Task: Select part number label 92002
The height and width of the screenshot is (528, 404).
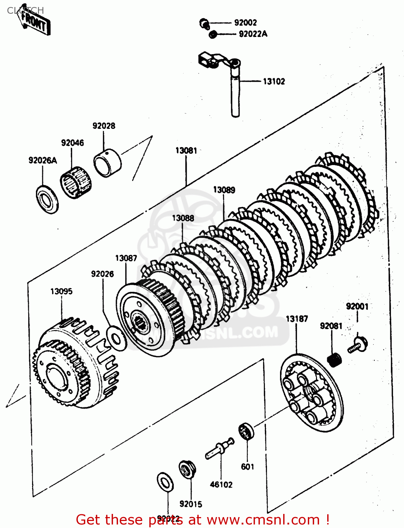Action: click(x=245, y=23)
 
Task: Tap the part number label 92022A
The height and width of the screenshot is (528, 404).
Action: click(x=253, y=34)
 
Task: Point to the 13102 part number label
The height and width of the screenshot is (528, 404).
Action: click(x=274, y=81)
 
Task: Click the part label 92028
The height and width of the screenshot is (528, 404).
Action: click(x=104, y=126)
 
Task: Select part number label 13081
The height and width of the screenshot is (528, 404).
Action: click(x=186, y=150)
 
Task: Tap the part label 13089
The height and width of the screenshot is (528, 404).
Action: click(x=224, y=190)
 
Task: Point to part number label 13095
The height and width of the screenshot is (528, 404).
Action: click(x=61, y=291)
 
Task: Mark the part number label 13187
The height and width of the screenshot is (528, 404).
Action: click(x=297, y=319)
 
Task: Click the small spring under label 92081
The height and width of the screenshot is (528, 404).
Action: click(x=335, y=359)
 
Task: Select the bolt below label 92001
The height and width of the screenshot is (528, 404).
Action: click(x=358, y=345)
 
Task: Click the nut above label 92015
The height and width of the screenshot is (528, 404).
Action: click(x=187, y=469)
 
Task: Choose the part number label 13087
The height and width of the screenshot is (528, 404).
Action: click(x=126, y=258)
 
